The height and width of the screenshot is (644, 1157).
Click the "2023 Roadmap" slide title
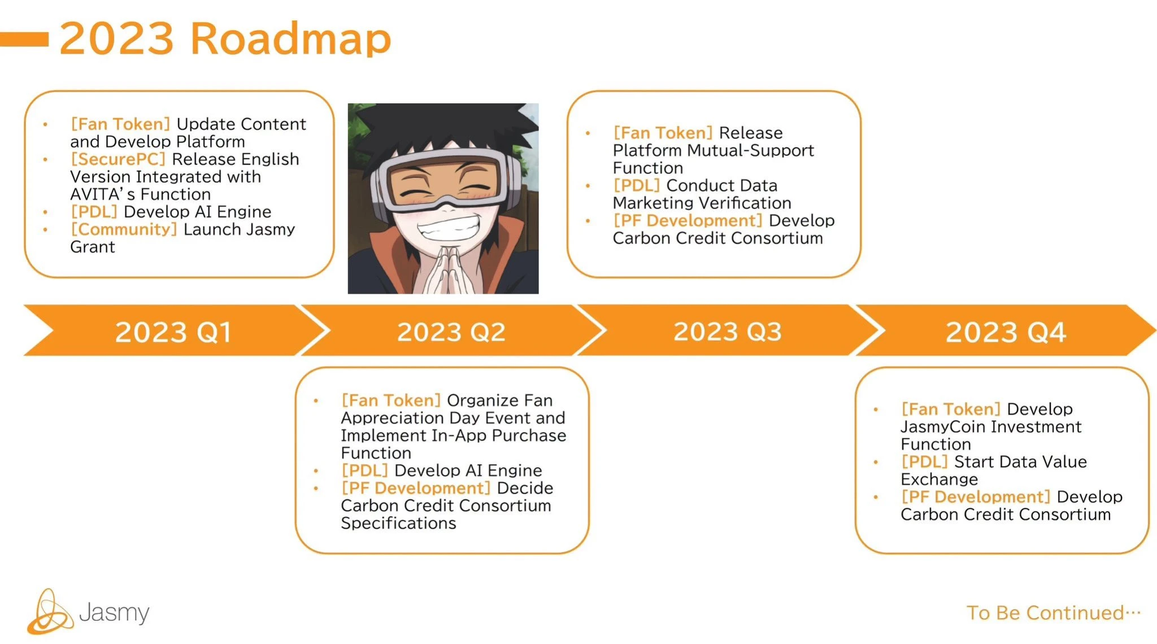click(x=225, y=38)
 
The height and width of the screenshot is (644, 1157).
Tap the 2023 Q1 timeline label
click(x=173, y=332)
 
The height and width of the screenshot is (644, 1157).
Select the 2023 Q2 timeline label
click(x=451, y=332)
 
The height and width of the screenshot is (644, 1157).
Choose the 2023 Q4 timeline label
click(x=1006, y=332)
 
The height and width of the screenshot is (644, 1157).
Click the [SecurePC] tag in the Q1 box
click(x=118, y=159)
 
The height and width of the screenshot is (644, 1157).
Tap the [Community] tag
click(x=124, y=229)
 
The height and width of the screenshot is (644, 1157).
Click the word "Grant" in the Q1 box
click(x=93, y=247)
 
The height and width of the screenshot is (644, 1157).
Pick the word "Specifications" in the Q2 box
click(x=398, y=523)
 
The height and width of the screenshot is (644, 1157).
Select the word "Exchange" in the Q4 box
click(x=939, y=480)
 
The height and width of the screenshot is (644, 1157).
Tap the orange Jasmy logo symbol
click(x=50, y=613)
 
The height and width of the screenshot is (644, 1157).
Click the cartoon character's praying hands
click(x=444, y=271)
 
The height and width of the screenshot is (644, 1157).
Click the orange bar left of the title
click(x=24, y=39)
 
